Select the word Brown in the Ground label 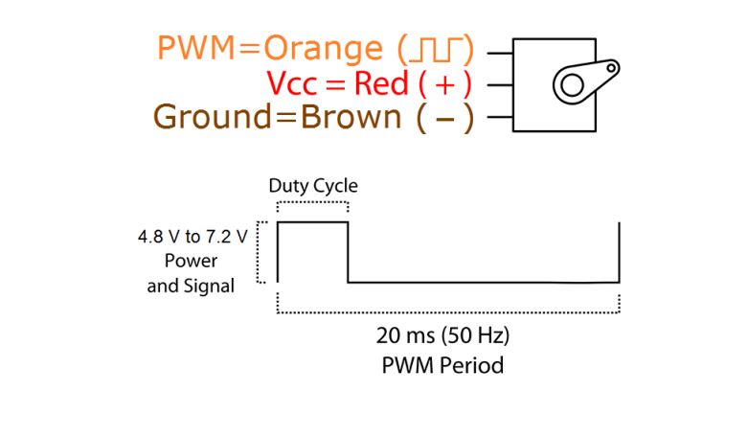pyautogui.click(x=351, y=118)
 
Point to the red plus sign pyautogui.click(x=445, y=84)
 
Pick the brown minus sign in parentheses pyautogui.click(x=444, y=119)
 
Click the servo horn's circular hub pyautogui.click(x=572, y=86)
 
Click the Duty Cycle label pyautogui.click(x=312, y=186)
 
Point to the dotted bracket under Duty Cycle pyautogui.click(x=312, y=203)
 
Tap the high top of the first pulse pyautogui.click(x=312, y=222)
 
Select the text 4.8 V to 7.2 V pyautogui.click(x=192, y=237)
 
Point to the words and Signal pyautogui.click(x=192, y=286)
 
